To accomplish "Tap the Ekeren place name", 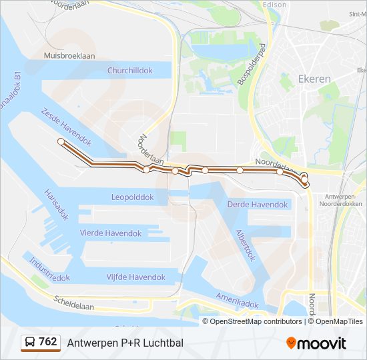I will tap(314, 79).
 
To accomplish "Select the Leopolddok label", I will tap(132, 197).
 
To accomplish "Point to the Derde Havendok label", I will tap(258, 204).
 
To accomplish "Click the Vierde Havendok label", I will tap(111, 233).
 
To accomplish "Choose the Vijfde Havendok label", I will tap(135, 277).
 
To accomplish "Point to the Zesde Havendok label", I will tap(65, 125).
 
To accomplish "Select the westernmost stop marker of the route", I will tap(61, 141).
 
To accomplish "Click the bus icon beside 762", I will tap(29, 343).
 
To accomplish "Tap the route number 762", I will tap(47, 342).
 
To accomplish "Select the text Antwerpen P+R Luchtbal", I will tap(125, 343).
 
